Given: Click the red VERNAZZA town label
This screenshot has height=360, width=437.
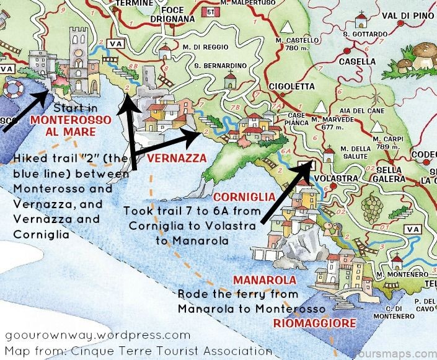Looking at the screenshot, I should point(176,159).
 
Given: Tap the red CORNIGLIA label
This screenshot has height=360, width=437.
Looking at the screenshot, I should point(244,197).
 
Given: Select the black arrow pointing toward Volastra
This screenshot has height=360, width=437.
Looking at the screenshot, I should point(286,193).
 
